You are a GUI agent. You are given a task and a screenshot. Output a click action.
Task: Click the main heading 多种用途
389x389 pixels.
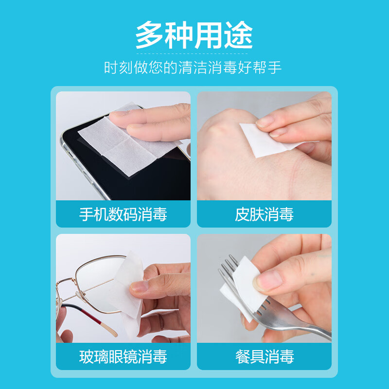pyautogui.click(x=194, y=36)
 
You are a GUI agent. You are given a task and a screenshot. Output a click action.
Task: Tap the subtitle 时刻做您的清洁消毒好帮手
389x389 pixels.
pyautogui.click(x=193, y=67)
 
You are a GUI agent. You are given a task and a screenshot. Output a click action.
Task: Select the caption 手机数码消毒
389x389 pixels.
pyautogui.click(x=123, y=214)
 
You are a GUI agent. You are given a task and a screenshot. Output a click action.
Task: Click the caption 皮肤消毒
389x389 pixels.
pyautogui.click(x=264, y=214)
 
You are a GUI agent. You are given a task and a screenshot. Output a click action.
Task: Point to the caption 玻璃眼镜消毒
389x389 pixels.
pyautogui.click(x=123, y=357)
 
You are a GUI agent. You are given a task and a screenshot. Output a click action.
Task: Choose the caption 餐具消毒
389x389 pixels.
pyautogui.click(x=264, y=357)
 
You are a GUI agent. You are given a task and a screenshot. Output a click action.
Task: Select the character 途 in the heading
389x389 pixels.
pyautogui.click(x=238, y=36)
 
